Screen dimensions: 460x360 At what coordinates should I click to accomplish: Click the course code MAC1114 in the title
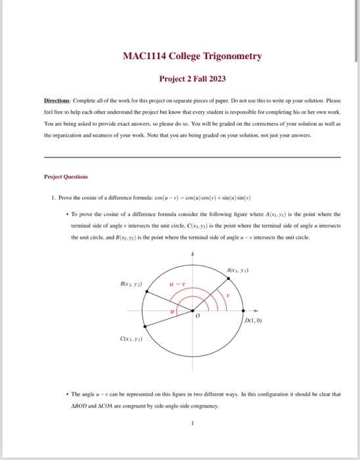click(x=146, y=56)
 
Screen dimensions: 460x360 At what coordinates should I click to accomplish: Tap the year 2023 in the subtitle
click(x=215, y=79)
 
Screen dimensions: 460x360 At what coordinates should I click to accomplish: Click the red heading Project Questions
click(x=66, y=176)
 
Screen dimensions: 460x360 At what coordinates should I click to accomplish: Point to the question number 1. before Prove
click(x=51, y=198)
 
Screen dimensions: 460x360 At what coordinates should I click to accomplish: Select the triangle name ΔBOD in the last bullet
click(x=81, y=406)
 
